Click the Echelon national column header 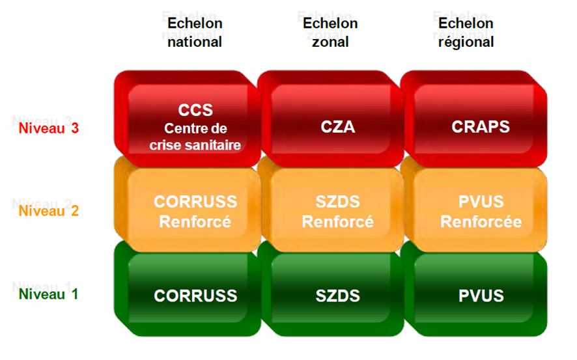pos(195,33)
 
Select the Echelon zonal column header pos(330,33)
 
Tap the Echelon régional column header pos(466,33)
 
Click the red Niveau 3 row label pos(49,128)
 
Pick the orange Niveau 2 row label pos(49,211)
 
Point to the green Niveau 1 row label pos(49,294)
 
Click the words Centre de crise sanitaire pos(195,137)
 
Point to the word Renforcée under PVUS pos(481,222)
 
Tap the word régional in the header pos(466,42)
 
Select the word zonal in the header pos(330,42)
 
